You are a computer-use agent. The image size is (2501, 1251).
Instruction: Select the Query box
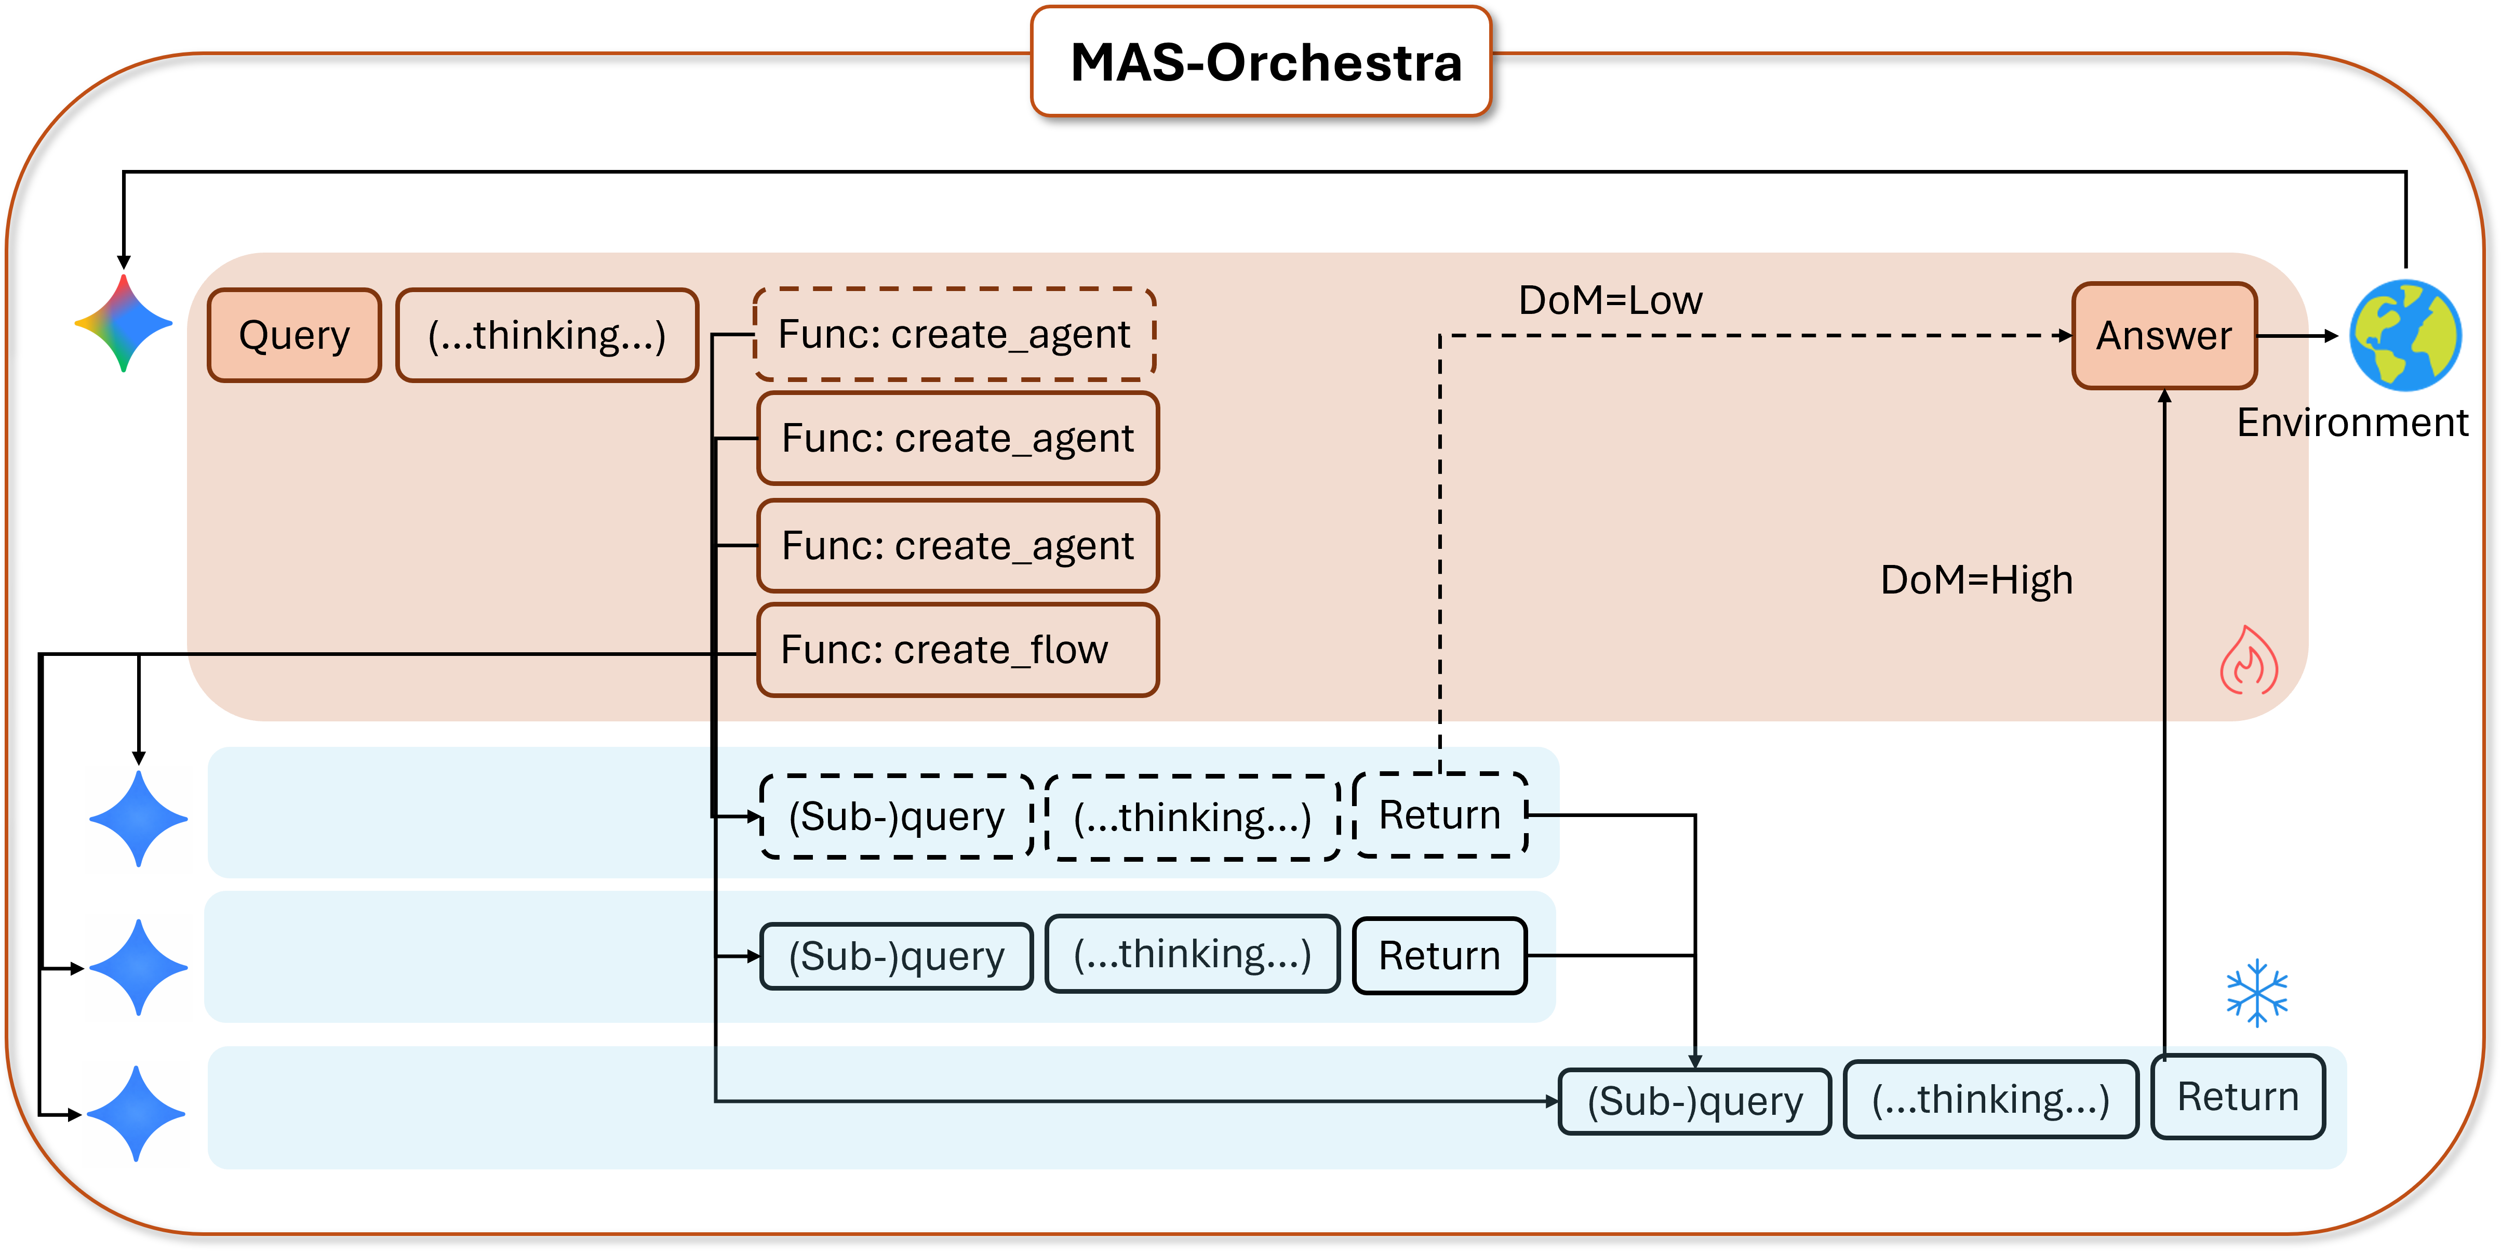tap(294, 335)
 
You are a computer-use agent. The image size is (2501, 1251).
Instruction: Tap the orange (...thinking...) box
tap(546, 335)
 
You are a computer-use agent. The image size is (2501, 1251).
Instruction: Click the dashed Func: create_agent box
tap(954, 334)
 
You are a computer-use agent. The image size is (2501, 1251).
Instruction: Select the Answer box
tap(2164, 335)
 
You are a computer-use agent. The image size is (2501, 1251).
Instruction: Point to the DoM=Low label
tap(1610, 300)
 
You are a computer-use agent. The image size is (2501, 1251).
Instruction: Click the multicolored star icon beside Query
tap(123, 323)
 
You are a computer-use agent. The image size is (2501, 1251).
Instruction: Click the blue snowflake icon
tap(2256, 993)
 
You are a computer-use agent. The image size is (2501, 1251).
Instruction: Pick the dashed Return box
tap(1440, 815)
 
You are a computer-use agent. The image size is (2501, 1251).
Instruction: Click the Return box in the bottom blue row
tap(2237, 1097)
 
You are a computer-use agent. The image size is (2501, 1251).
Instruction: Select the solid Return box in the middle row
tap(1440, 956)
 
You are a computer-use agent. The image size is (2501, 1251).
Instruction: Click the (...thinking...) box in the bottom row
tap(1990, 1099)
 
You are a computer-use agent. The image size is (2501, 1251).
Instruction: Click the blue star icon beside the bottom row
tap(136, 1114)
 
